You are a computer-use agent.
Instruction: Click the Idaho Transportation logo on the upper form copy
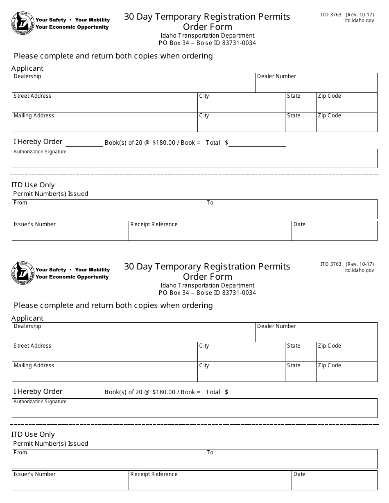pos(23,23)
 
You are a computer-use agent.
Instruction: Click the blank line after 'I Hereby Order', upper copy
pos(84,144)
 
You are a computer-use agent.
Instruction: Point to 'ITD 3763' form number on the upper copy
pos(331,15)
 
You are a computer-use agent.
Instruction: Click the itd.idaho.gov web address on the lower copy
pos(359,270)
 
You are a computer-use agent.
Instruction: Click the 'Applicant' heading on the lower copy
pos(27,318)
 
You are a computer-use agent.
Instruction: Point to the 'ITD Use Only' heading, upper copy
pos(33,185)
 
